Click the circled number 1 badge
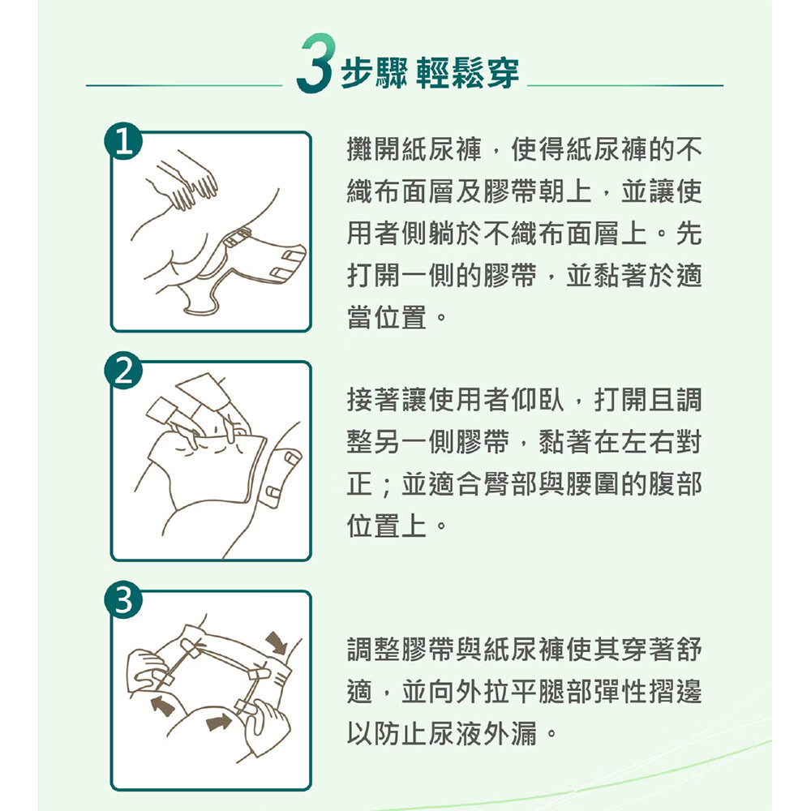click(x=123, y=140)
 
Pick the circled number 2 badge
click(x=123, y=371)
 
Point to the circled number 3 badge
click(x=123, y=600)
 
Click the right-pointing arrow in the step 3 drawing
click(x=218, y=721)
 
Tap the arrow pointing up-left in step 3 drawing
click(x=162, y=706)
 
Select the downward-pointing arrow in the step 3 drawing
click(x=277, y=642)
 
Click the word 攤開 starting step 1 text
click(x=373, y=149)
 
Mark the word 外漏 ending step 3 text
click(x=511, y=733)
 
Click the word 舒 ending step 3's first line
click(x=689, y=650)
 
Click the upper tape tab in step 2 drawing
click(x=290, y=457)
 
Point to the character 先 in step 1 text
click(x=689, y=234)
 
